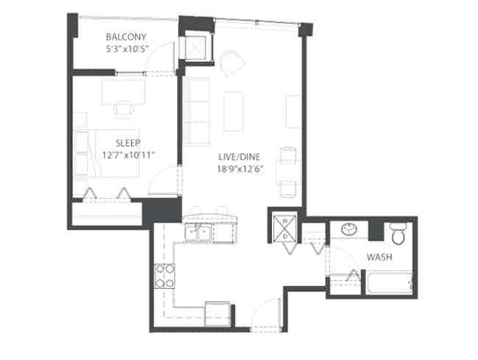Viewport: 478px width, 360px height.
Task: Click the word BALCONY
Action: click(x=126, y=37)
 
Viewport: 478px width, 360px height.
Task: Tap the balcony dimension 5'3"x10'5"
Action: click(x=126, y=49)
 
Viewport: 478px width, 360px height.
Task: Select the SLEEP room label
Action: click(x=128, y=143)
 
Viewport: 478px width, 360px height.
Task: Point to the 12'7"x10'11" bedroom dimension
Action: click(x=129, y=155)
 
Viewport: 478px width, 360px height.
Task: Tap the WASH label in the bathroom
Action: click(x=379, y=257)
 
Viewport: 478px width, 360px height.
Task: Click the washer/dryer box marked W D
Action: click(x=282, y=228)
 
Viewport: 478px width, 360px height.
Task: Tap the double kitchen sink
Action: click(x=199, y=234)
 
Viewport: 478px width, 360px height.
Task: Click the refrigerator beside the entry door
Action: click(x=218, y=312)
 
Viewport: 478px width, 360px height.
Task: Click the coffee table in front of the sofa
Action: click(x=234, y=111)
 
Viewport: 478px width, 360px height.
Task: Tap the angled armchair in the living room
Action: click(x=232, y=64)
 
